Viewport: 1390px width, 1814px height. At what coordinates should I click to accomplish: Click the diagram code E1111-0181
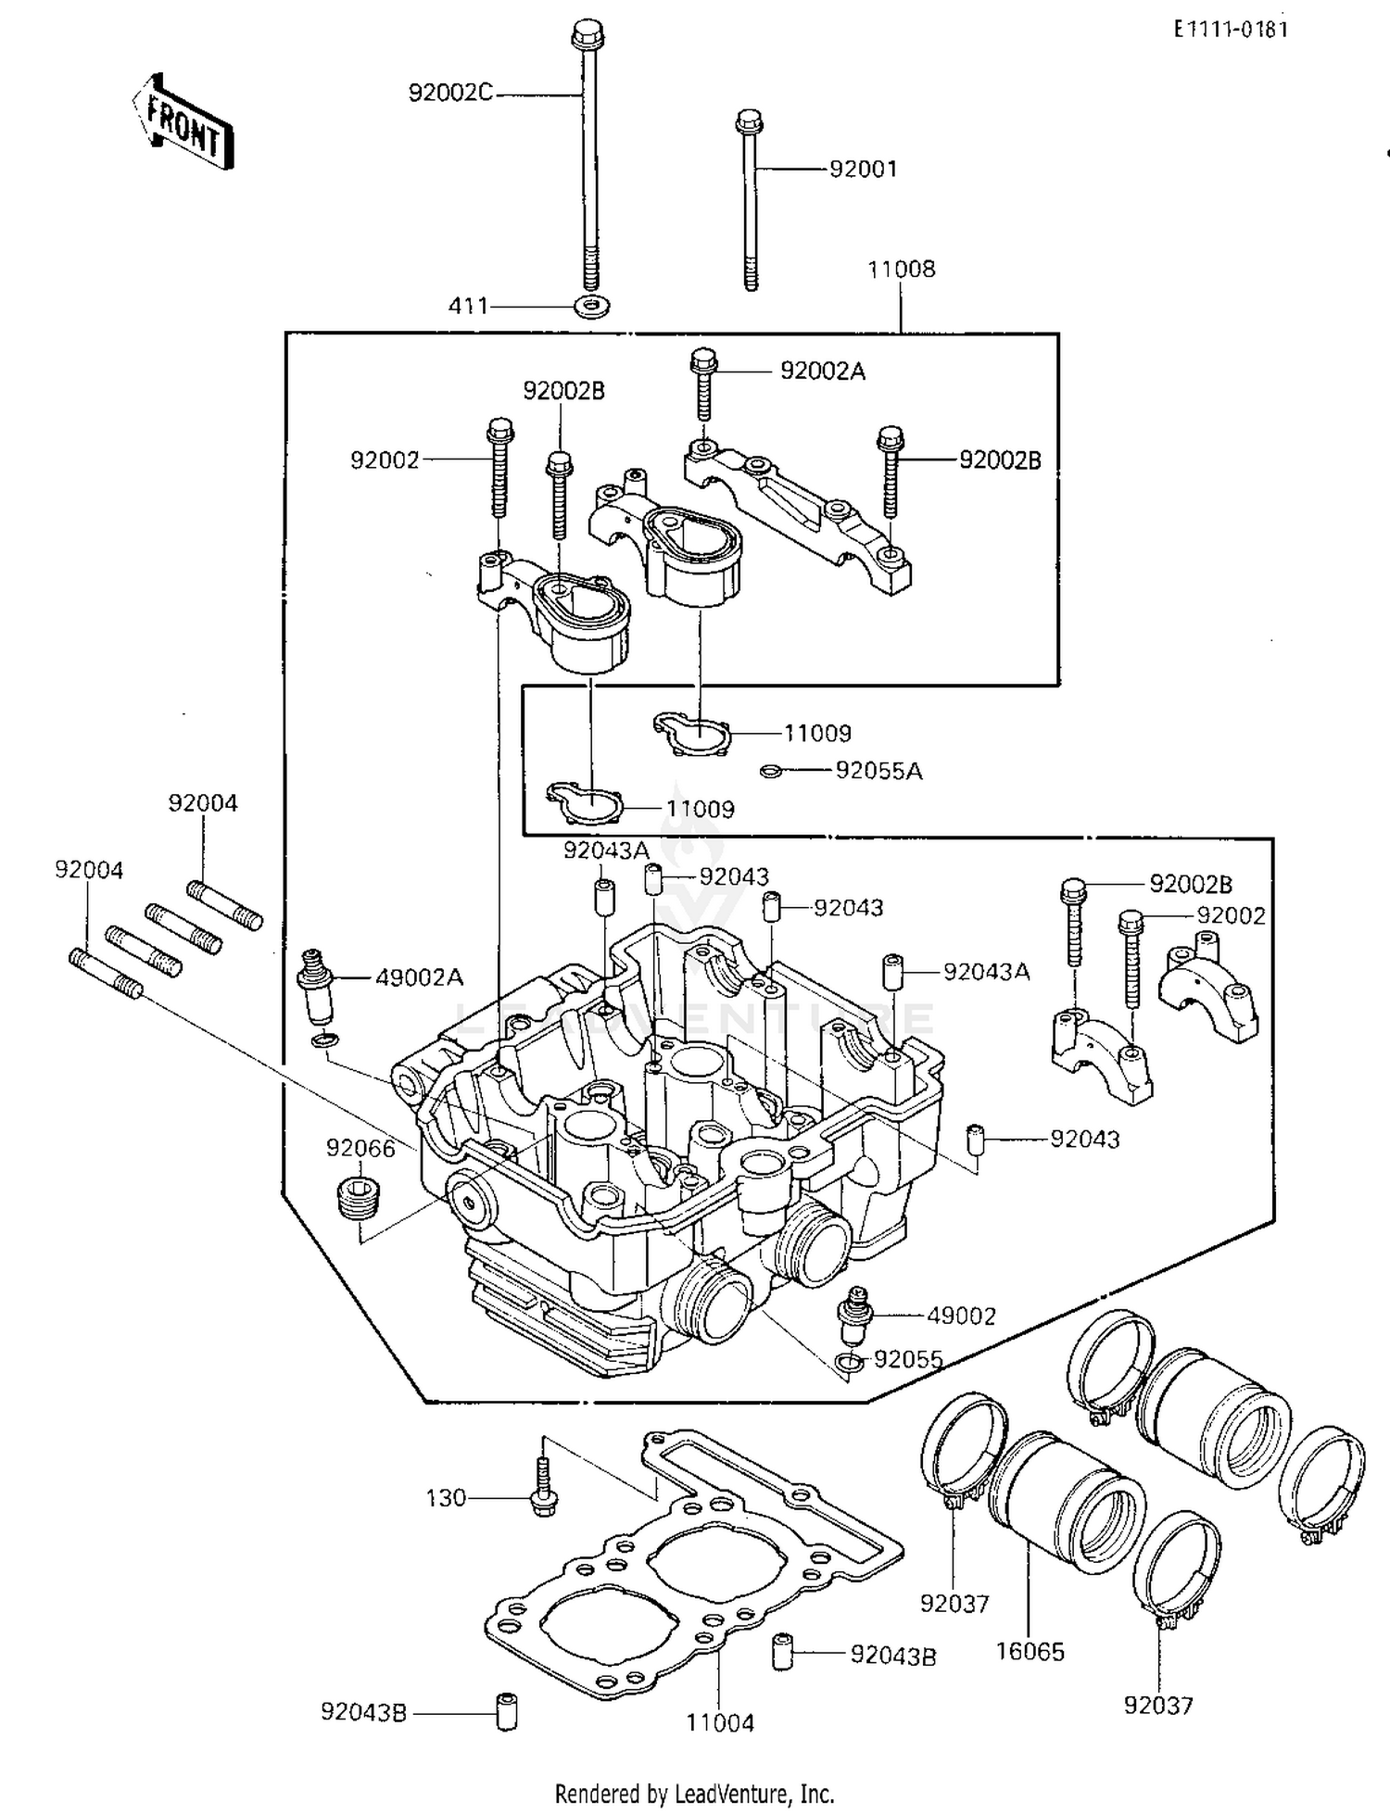1230,29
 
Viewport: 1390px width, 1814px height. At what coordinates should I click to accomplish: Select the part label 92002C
450,93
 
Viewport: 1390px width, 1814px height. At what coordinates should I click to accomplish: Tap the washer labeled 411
590,305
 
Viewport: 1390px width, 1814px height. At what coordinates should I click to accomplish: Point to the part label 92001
863,169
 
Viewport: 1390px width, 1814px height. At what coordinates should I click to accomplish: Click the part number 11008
901,270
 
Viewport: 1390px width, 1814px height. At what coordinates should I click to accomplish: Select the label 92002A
822,371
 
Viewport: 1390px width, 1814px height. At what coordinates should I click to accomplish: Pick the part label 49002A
419,977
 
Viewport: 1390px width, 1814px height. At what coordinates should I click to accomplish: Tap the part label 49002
961,1316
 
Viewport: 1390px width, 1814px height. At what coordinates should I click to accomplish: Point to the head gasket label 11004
720,1723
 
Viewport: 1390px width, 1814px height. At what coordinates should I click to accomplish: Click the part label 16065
1030,1652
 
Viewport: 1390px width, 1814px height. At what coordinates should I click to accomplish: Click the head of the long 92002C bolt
584,35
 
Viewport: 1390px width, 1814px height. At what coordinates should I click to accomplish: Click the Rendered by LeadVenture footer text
694,1794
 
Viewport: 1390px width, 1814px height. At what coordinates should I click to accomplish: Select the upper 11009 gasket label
817,734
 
